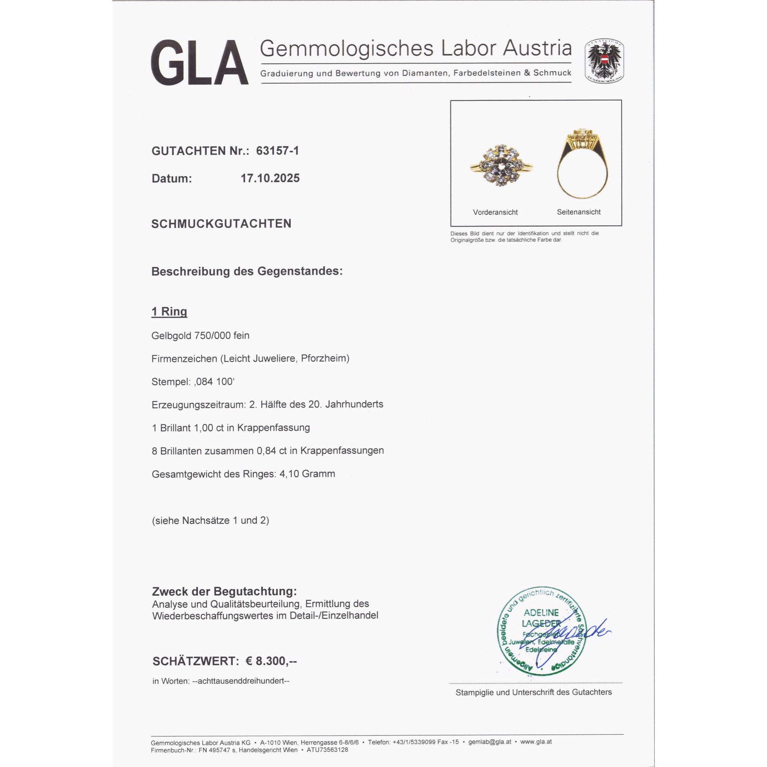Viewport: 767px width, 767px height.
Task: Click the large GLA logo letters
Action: point(199,63)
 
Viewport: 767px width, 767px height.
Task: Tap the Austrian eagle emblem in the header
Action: point(604,61)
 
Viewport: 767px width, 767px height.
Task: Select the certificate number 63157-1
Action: point(277,151)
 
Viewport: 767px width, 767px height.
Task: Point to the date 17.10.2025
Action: point(270,178)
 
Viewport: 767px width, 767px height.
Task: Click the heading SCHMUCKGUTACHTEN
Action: point(221,224)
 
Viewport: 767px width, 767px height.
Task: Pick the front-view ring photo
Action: point(500,166)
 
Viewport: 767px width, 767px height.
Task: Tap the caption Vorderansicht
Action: point(495,212)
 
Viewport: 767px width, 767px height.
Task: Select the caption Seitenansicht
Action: point(578,212)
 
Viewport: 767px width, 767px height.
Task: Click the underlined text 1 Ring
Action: point(169,312)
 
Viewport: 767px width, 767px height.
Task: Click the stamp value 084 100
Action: point(214,382)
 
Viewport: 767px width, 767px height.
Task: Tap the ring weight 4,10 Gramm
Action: point(307,474)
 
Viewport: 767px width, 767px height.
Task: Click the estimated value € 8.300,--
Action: point(271,661)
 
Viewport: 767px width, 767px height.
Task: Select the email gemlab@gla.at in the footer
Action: point(489,742)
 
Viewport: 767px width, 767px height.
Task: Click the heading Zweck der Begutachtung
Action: point(224,591)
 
